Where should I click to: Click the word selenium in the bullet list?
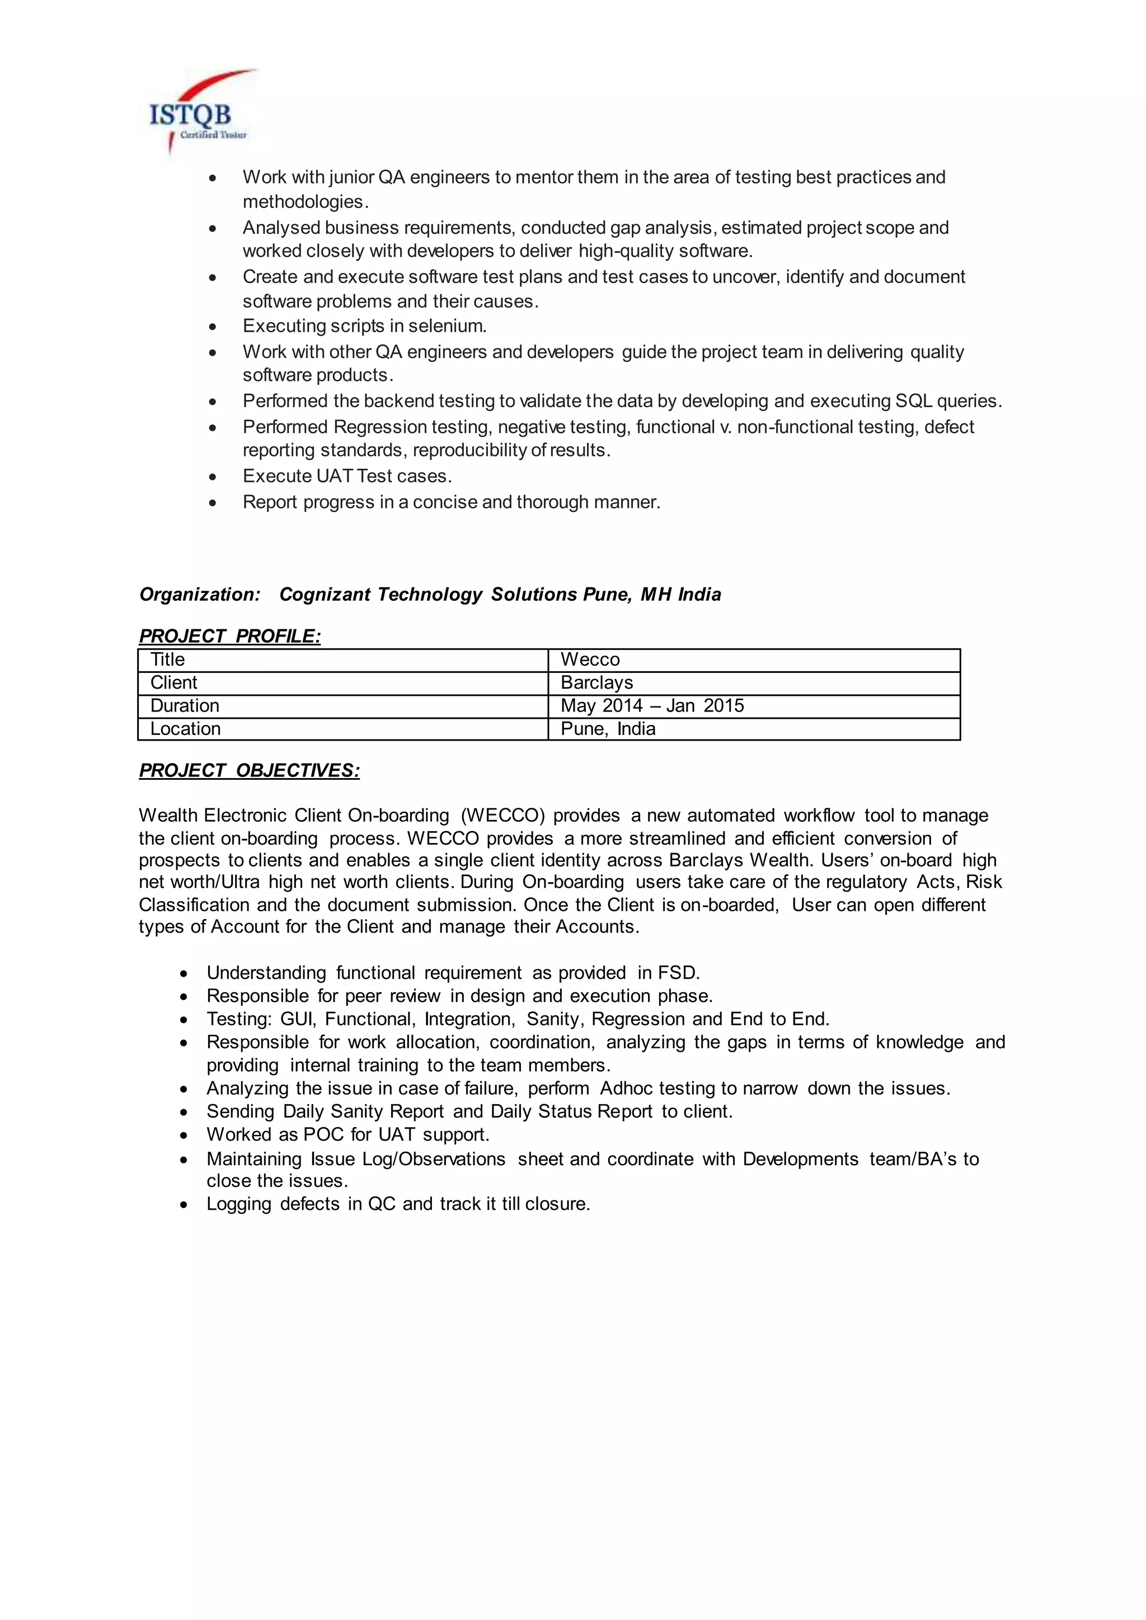(449, 326)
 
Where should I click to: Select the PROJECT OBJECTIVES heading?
(249, 770)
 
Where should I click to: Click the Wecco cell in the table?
(590, 660)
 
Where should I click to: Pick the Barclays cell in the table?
(597, 683)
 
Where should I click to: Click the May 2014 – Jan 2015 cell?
(652, 705)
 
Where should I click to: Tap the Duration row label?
(185, 705)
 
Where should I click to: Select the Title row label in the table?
(168, 660)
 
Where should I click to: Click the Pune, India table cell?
(608, 729)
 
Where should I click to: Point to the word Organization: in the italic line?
(200, 595)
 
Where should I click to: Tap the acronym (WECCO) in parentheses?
(502, 816)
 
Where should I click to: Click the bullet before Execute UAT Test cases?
(213, 477)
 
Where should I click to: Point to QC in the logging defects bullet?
(382, 1204)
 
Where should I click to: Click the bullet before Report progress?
(213, 503)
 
